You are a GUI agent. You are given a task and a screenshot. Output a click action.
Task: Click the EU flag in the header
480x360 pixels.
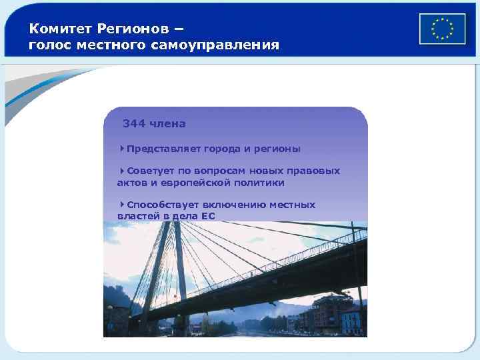[x=441, y=29]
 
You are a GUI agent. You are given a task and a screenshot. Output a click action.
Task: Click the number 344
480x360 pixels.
[x=134, y=123]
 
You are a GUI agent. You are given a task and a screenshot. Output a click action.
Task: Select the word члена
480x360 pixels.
[x=168, y=123]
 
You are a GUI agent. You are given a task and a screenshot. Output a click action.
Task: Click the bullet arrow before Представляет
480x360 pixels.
[x=123, y=148]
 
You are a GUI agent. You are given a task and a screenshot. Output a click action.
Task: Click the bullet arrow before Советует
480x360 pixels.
[x=123, y=170]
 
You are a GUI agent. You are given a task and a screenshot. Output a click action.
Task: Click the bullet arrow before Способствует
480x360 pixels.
[x=123, y=204]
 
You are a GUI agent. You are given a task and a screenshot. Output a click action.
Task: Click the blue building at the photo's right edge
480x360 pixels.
[x=351, y=320]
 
